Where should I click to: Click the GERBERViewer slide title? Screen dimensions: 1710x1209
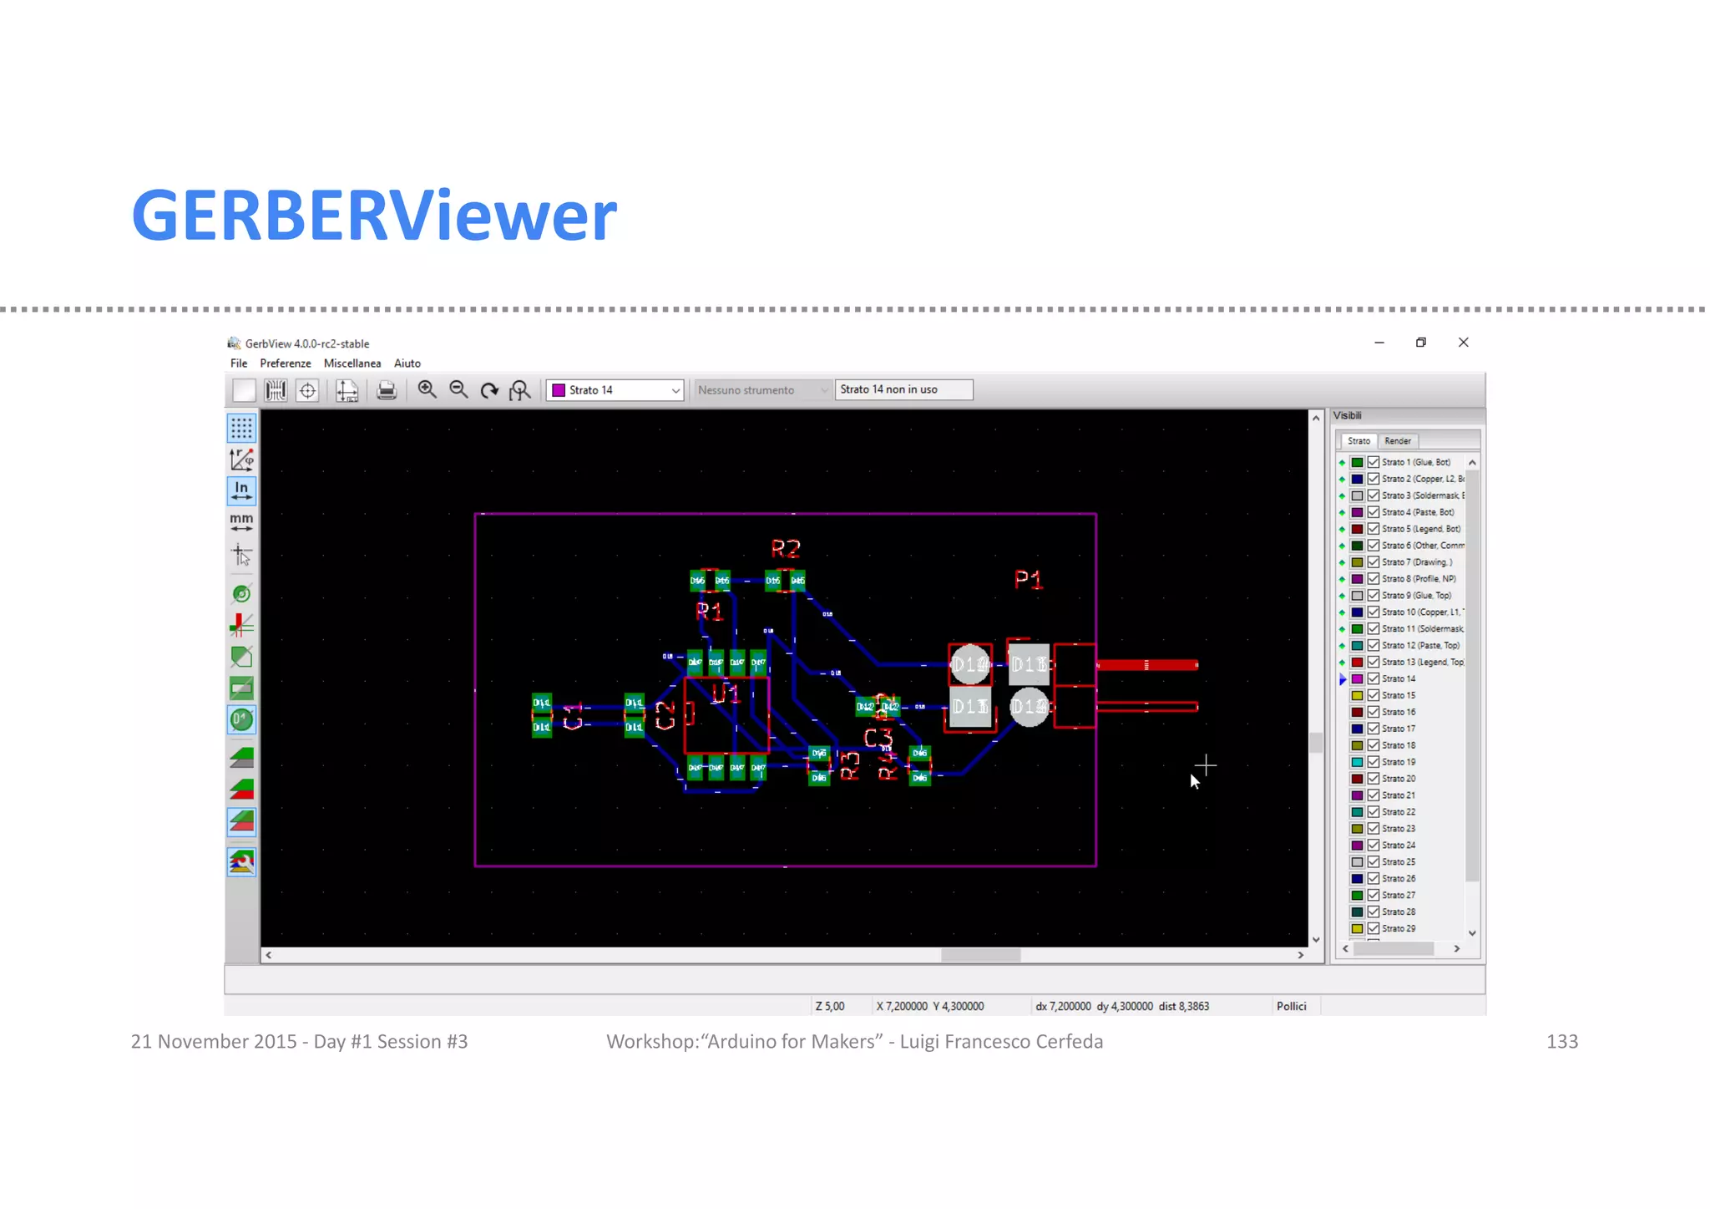pos(374,216)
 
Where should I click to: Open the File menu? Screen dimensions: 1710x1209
pos(239,363)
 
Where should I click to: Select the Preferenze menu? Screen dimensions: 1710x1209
pos(285,363)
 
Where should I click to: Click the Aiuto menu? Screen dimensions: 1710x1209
pos(407,363)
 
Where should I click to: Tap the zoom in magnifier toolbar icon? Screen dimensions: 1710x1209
pos(427,389)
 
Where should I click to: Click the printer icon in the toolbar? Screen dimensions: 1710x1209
pos(386,390)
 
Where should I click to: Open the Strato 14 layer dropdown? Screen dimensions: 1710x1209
pos(615,390)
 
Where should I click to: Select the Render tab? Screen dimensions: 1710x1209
pos(1397,441)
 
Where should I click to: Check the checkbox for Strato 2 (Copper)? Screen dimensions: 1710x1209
pos(1374,479)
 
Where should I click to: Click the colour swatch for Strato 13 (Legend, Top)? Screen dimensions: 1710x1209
pos(1358,663)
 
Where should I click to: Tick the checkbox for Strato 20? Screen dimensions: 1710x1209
pos(1374,779)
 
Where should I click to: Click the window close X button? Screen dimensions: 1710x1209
pos(1463,343)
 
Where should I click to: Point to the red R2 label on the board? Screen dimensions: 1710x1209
pos(786,549)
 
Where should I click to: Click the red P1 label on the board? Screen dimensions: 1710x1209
pos(1028,580)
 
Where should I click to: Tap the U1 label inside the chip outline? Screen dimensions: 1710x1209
pos(725,693)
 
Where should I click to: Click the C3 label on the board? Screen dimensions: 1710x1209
pos(878,738)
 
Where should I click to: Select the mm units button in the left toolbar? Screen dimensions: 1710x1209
pos(241,522)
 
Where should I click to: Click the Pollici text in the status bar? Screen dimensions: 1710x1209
pos(1291,1006)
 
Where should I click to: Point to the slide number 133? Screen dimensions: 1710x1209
pos(1561,1042)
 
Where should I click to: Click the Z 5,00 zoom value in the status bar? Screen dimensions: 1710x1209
pos(829,1006)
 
